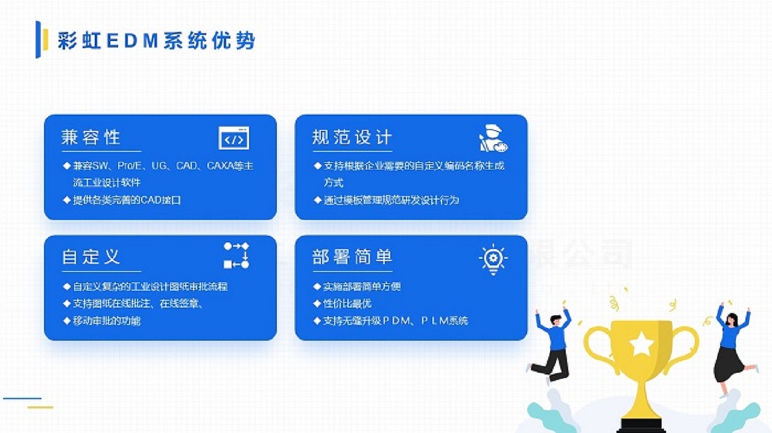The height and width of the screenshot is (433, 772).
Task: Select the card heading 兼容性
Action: (91, 137)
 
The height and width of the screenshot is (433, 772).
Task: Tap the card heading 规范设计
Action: (352, 137)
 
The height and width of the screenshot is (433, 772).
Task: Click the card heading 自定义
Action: (91, 257)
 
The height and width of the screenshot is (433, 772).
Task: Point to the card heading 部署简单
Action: (352, 257)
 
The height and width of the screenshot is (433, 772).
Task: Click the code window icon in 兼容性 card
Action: (233, 138)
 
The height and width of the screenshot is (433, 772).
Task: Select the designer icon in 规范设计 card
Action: (493, 139)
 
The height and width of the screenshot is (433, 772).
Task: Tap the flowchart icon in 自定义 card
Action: (236, 256)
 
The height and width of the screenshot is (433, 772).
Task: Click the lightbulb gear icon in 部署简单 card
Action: (493, 259)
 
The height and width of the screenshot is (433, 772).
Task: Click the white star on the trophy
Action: (641, 345)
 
